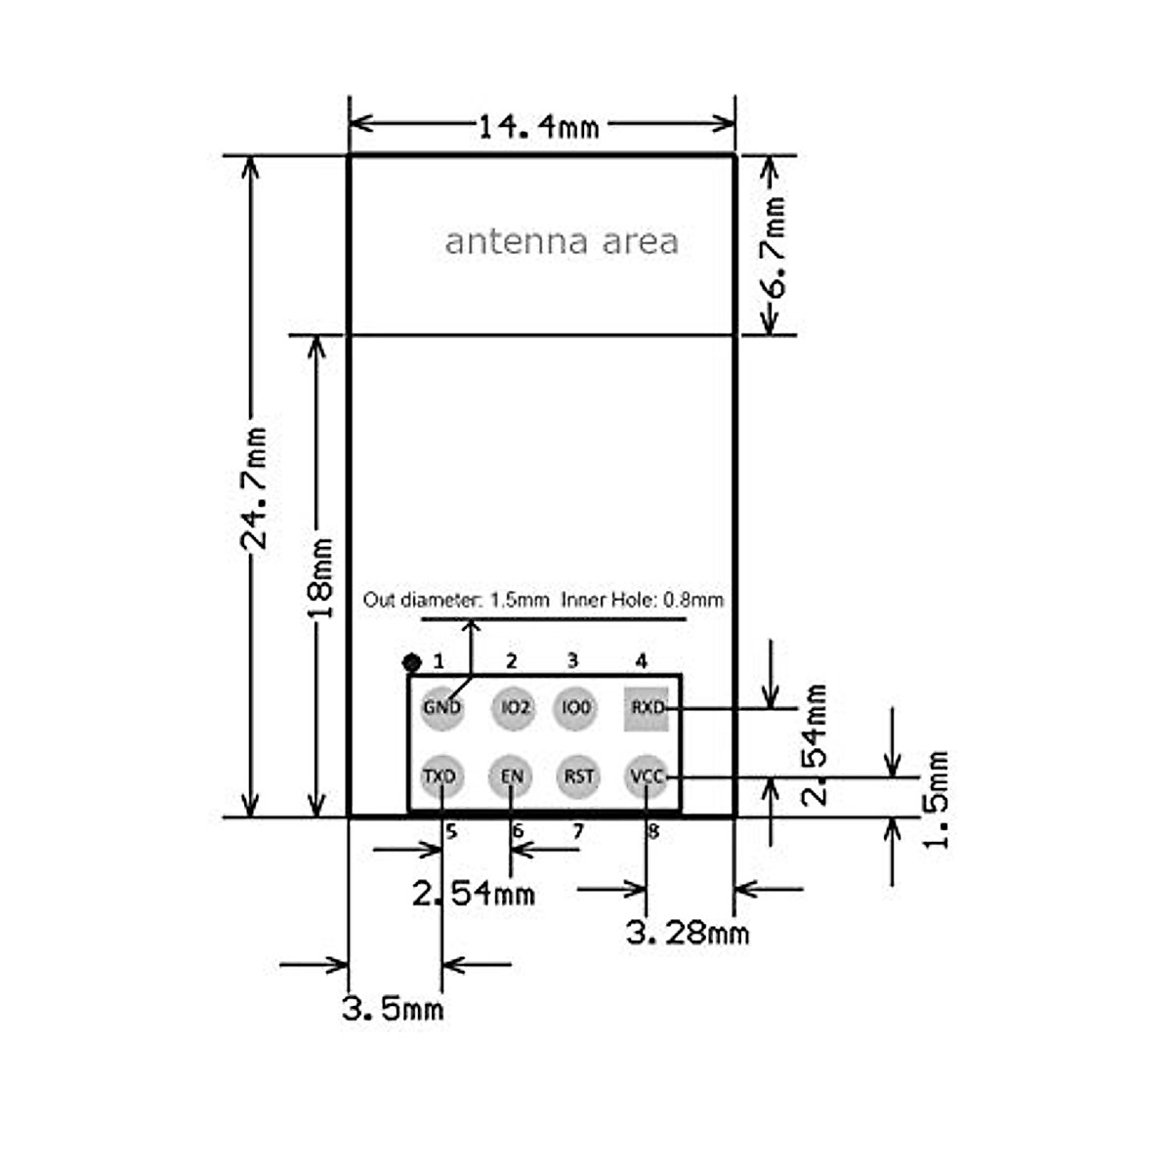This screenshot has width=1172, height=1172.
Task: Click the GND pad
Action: pyautogui.click(x=442, y=708)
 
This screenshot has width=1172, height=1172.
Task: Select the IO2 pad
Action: pyautogui.click(x=514, y=708)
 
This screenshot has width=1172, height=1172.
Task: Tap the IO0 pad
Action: pyautogui.click(x=575, y=708)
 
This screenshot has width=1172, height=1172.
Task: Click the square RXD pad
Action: pyautogui.click(x=646, y=708)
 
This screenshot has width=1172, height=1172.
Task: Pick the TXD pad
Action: pyautogui.click(x=442, y=776)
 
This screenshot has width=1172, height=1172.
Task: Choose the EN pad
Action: pyautogui.click(x=511, y=776)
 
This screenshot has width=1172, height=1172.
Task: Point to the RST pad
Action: pyautogui.click(x=578, y=776)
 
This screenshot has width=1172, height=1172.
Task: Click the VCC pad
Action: pyautogui.click(x=646, y=776)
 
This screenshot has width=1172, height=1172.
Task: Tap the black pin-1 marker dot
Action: pyautogui.click(x=412, y=662)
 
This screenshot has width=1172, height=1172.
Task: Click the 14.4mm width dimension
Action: pyautogui.click(x=539, y=127)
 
